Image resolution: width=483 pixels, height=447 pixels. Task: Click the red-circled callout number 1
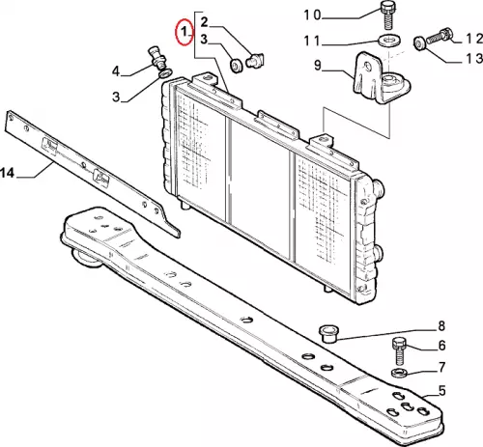click(185, 32)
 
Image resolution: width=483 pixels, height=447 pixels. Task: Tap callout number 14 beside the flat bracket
click(8, 173)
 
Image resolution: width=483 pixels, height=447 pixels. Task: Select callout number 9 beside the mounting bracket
click(318, 66)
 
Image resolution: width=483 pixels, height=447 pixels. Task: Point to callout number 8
click(441, 325)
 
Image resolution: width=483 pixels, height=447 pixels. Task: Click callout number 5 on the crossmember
click(441, 391)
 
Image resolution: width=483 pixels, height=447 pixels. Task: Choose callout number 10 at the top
click(312, 14)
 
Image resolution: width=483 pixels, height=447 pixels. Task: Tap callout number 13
click(475, 59)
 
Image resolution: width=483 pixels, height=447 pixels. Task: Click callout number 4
click(116, 70)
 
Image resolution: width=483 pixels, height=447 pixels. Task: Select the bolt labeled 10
click(387, 14)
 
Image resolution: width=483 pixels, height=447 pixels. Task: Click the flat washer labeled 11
click(389, 40)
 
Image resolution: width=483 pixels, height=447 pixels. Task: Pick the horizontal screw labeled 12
click(440, 37)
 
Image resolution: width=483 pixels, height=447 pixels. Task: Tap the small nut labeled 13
click(419, 43)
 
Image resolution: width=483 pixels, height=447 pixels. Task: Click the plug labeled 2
click(255, 61)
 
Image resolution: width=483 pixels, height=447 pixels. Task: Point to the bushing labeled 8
click(327, 334)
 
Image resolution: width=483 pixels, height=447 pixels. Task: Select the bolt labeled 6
click(399, 350)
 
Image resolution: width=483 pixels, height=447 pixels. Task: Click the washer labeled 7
click(399, 373)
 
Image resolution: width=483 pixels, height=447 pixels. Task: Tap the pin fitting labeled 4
click(157, 59)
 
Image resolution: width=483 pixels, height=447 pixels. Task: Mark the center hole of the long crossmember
click(247, 320)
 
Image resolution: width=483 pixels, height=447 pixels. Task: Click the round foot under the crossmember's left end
click(85, 259)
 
